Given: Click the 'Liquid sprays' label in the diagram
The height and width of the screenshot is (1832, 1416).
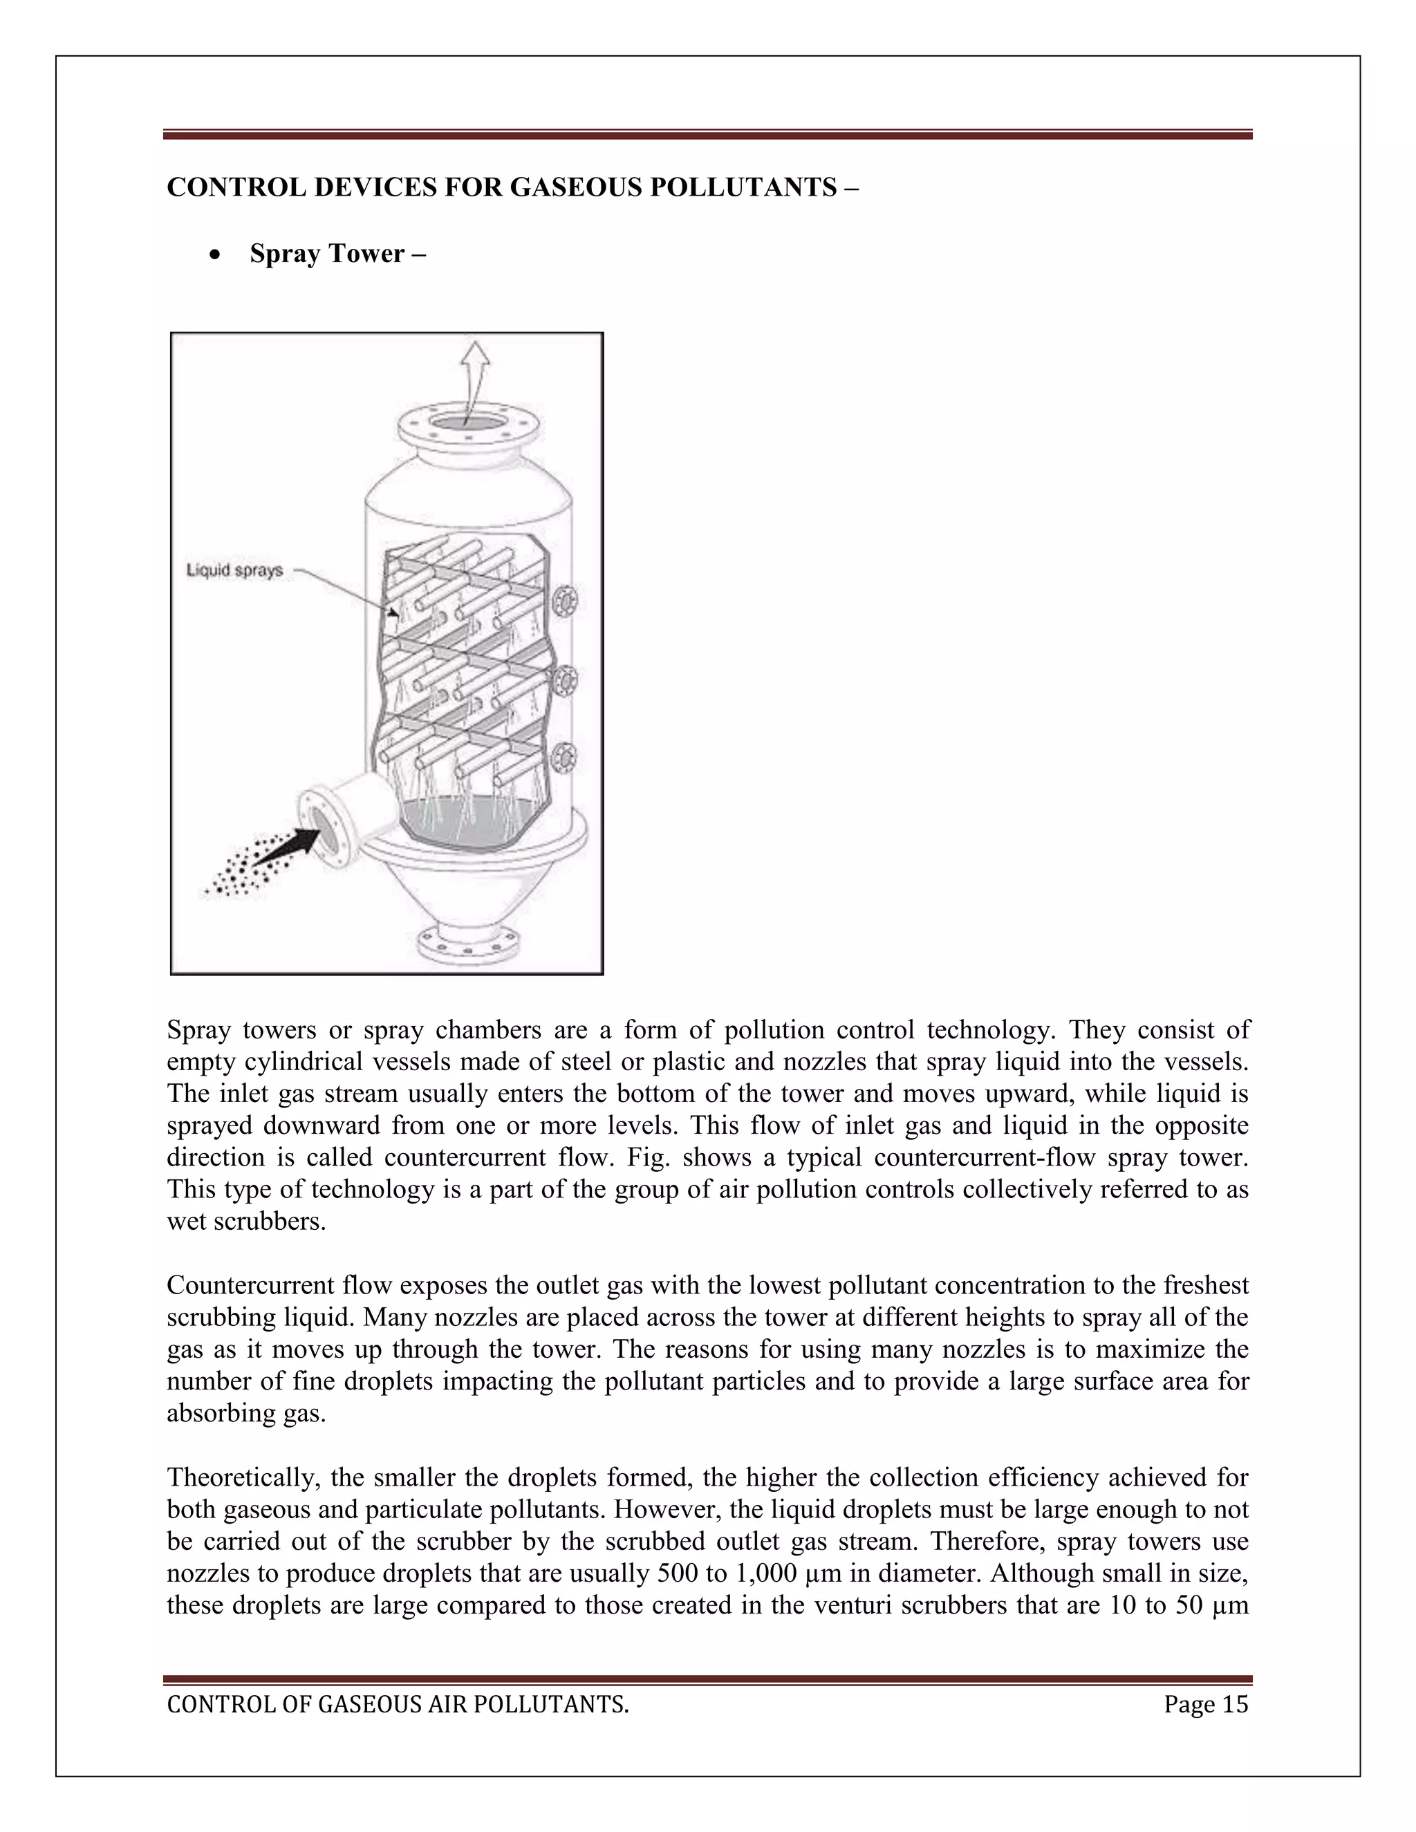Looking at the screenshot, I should (x=234, y=570).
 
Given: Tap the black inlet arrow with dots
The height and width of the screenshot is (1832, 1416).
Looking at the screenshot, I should (x=281, y=849).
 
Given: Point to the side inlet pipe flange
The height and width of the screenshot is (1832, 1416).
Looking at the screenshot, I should (x=324, y=826).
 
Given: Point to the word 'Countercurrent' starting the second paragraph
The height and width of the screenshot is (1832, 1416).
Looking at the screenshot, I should (x=249, y=1286).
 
